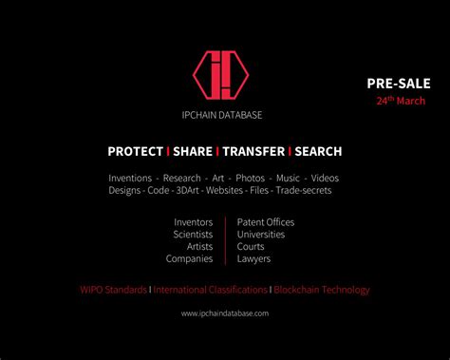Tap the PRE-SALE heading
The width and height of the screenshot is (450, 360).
coord(399,83)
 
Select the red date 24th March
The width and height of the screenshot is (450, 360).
coord(400,100)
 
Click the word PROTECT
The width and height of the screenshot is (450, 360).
coord(135,151)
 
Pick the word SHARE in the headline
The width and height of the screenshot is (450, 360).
coord(193,151)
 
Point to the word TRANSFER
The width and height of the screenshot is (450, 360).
coord(253,151)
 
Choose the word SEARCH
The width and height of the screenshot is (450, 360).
coord(318,151)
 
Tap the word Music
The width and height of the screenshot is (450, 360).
coord(289,178)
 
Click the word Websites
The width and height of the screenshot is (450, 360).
coord(224,190)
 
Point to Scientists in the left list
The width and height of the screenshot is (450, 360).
coord(193,234)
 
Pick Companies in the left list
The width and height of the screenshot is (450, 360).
coord(189,258)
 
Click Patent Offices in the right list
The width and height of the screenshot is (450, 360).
coord(266,222)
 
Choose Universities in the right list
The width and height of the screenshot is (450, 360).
coord(261,234)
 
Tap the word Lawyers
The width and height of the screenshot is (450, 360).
coord(253,258)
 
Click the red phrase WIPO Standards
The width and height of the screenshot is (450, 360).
coord(113,290)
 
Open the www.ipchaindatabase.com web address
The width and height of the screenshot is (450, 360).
coord(225,313)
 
